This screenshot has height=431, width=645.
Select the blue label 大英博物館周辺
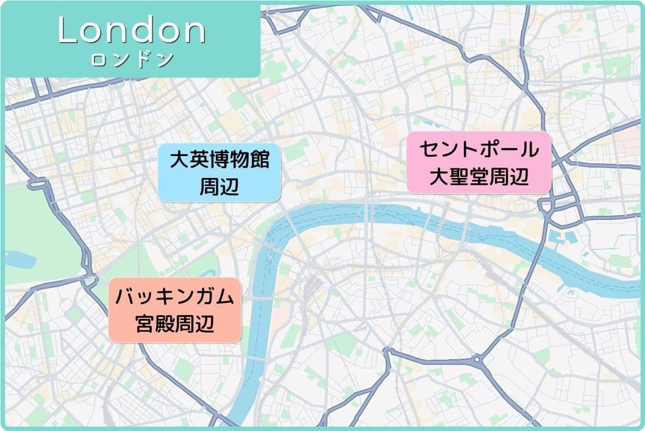pos(219,173)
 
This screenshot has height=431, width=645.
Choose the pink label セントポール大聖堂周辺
pos(479,162)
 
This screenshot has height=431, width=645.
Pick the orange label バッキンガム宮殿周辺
pos(175,310)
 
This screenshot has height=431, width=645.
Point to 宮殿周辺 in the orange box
pos(175,324)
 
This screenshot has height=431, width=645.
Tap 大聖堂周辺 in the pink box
pos(479,177)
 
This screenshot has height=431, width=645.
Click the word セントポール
pos(479,148)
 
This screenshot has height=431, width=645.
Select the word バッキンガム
pos(175,296)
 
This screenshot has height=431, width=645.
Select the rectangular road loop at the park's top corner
pos(37,183)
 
